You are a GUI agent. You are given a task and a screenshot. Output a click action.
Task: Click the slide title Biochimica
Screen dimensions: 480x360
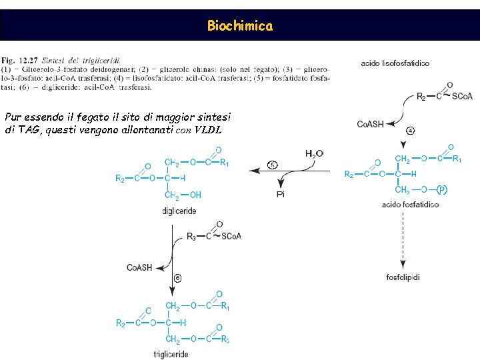tap(239, 26)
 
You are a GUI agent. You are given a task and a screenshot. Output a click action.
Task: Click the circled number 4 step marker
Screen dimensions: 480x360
tap(410, 130)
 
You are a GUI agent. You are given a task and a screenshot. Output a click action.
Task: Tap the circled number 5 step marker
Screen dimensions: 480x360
tap(272, 164)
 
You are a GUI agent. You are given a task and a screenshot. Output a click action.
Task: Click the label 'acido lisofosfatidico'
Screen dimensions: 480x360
tap(395, 63)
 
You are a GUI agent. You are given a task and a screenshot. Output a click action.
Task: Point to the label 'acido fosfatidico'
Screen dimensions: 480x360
tap(411, 204)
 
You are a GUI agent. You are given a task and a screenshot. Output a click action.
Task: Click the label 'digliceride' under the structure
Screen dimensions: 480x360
tap(179, 211)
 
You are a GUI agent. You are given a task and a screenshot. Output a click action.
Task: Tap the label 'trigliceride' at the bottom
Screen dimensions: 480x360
tap(171, 354)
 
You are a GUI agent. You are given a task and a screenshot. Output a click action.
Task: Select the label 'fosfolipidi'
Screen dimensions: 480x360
tap(403, 277)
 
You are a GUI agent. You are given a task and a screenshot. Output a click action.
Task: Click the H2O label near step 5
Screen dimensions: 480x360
tap(314, 154)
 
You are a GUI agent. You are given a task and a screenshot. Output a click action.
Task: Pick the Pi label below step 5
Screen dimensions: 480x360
tap(281, 194)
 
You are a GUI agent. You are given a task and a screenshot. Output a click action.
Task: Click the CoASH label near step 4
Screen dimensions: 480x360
tap(371, 124)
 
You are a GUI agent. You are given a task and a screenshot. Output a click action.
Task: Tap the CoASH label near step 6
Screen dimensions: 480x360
tap(139, 267)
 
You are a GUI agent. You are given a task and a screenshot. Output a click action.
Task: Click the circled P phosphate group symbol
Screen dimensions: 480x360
tap(441, 190)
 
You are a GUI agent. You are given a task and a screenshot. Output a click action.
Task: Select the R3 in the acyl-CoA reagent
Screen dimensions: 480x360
tap(191, 235)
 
